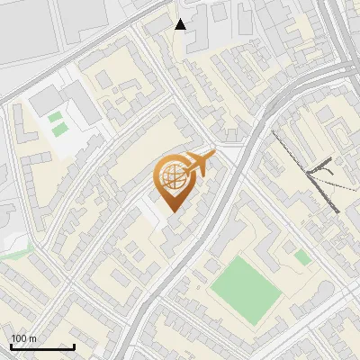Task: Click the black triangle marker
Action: (180, 24)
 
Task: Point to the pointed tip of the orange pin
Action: (172, 212)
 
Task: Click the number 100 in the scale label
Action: (20, 338)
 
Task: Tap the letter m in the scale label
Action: (33, 338)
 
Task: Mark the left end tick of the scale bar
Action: (12, 346)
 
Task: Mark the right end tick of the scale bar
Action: (74, 346)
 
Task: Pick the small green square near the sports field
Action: (303, 257)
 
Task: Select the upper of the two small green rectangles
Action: (56, 117)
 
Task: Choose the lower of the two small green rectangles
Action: (59, 130)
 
